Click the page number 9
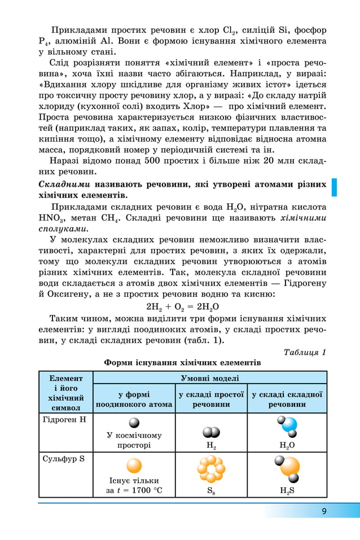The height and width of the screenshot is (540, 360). pos(324,511)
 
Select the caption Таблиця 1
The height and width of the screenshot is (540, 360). pos(305,352)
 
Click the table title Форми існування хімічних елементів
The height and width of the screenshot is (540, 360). pos(182,362)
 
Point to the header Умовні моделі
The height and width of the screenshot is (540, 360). pos(209,377)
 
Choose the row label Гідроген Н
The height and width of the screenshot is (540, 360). pos(64,419)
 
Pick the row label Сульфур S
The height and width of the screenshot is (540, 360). pos(63,458)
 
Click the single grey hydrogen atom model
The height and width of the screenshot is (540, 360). pos(134,423)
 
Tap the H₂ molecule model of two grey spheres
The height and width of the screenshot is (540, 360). pos(211,432)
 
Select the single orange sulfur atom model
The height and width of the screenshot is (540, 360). pos(134,466)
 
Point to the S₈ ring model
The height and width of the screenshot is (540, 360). pos(211,469)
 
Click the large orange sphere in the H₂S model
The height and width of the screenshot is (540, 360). pos(290,467)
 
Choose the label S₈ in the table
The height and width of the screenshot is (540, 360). pos(210,490)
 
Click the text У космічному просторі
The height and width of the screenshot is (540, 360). pos(134,440)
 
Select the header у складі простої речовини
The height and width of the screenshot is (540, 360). pos(211,399)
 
